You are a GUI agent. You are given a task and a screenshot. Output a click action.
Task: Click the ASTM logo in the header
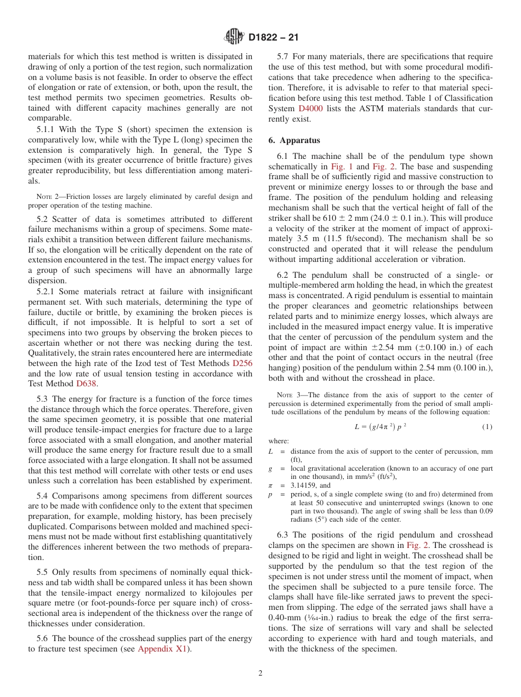click(x=235, y=37)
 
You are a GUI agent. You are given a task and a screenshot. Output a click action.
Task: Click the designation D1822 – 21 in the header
click(x=273, y=38)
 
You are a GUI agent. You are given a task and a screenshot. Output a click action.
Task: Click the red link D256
click(x=243, y=363)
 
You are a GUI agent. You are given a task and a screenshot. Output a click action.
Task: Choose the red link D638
click(x=86, y=384)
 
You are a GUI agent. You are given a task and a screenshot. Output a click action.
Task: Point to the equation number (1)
click(x=487, y=427)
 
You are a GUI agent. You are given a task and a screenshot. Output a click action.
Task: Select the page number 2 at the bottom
click(x=260, y=673)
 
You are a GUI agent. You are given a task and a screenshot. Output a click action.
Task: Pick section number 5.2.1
click(x=47, y=291)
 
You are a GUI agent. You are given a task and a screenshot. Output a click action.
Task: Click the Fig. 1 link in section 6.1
click(x=343, y=167)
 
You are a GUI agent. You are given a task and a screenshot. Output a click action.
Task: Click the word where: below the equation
click(x=279, y=441)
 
